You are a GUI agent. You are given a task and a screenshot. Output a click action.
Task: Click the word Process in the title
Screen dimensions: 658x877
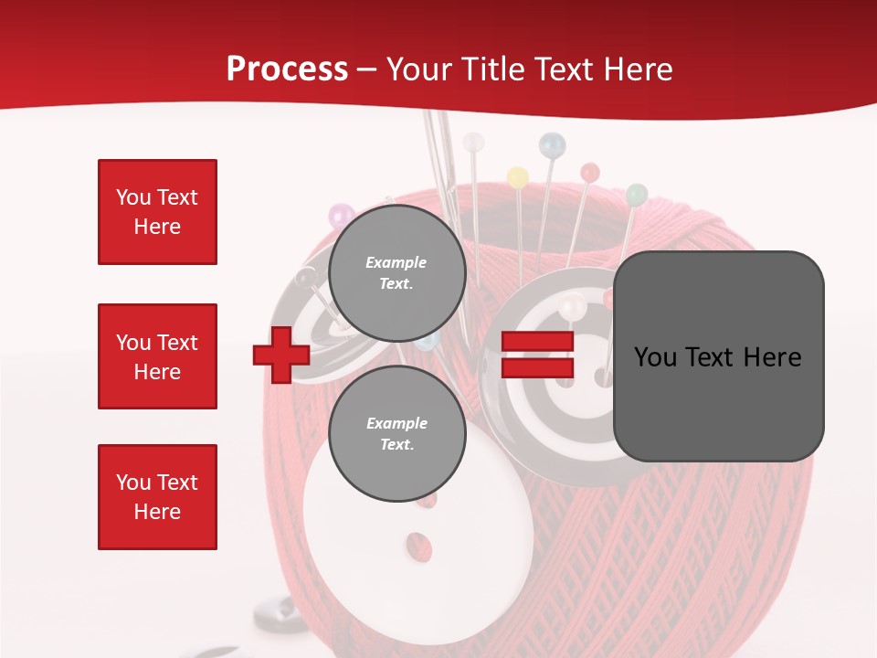pyautogui.click(x=287, y=69)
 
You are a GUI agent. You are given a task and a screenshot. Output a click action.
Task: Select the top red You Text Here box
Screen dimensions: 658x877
pyautogui.click(x=157, y=212)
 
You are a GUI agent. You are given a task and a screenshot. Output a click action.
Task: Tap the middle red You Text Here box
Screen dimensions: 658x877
pyautogui.click(x=157, y=356)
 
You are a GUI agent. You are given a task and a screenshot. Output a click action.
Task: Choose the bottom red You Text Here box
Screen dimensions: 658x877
pyautogui.click(x=157, y=497)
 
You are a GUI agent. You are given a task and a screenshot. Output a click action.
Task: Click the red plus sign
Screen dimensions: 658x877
pyautogui.click(x=281, y=356)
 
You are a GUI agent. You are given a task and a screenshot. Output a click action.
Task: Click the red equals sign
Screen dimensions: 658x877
pyautogui.click(x=537, y=356)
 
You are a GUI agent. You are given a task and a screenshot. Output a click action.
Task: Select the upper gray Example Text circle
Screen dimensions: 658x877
pyautogui.click(x=396, y=272)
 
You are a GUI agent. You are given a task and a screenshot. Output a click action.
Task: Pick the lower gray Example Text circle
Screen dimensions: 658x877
pyautogui.click(x=396, y=433)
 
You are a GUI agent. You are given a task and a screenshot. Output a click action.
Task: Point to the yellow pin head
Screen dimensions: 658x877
pyautogui.click(x=517, y=176)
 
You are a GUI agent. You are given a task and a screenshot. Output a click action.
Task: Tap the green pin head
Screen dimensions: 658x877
pyautogui.click(x=637, y=194)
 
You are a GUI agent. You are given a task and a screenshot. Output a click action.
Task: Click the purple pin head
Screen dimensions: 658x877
pyautogui.click(x=342, y=217)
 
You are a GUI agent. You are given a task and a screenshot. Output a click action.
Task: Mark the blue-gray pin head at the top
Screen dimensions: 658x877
pyautogui.click(x=552, y=144)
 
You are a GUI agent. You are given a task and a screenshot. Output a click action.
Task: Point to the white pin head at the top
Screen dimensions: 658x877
pyautogui.click(x=473, y=143)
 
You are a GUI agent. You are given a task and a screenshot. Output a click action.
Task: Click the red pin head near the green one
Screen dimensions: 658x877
pyautogui.click(x=590, y=172)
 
